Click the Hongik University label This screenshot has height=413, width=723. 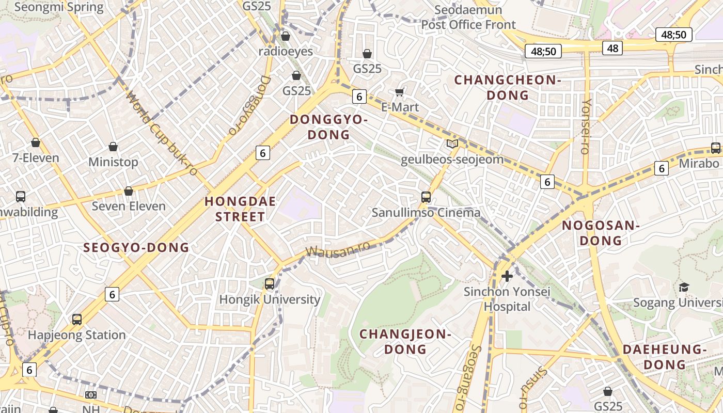(x=270, y=299)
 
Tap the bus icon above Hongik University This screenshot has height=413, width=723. (x=269, y=283)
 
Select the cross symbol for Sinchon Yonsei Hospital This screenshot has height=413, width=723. (x=507, y=276)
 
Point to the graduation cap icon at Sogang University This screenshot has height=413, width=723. (x=684, y=287)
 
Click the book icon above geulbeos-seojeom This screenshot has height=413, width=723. (x=452, y=144)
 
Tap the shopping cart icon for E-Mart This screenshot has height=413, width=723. (x=399, y=92)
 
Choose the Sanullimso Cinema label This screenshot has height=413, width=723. (x=427, y=212)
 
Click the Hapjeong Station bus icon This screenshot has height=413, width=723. (x=77, y=320)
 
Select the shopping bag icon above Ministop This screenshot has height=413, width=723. (x=113, y=147)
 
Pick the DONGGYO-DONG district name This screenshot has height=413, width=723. (x=328, y=127)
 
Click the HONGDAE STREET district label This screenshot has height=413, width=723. (x=240, y=209)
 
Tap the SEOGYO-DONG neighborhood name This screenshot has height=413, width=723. (x=136, y=248)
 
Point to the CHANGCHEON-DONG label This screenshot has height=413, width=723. (x=508, y=87)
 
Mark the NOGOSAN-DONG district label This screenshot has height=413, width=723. (x=601, y=233)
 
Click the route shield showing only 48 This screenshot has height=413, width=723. (x=612, y=48)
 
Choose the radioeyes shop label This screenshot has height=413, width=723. (x=286, y=51)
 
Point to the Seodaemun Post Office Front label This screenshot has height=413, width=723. (x=468, y=17)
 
